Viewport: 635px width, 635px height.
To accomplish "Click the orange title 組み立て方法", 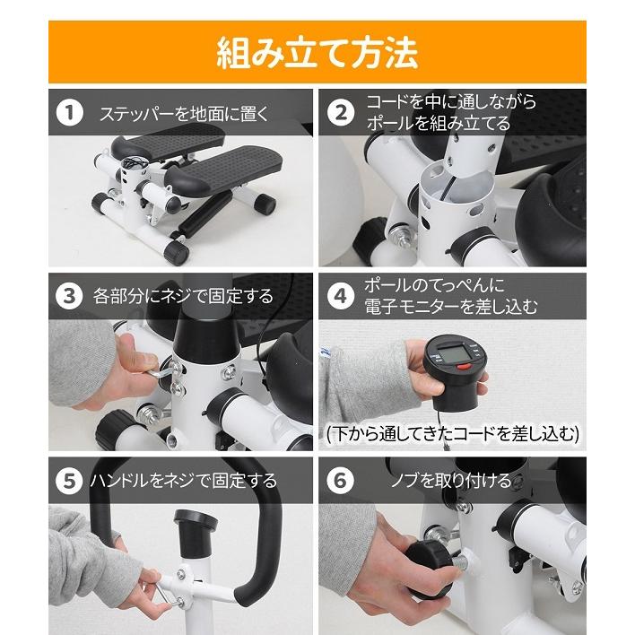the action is pyautogui.click(x=317, y=53).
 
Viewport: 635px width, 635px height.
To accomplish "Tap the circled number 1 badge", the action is pyautogui.click(x=70, y=113).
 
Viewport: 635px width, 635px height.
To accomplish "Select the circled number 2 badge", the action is pyautogui.click(x=341, y=113).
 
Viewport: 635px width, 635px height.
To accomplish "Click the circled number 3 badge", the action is pyautogui.click(x=70, y=297).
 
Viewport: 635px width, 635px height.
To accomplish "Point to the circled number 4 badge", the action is pyautogui.click(x=341, y=297).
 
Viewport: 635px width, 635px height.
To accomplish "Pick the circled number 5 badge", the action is pyautogui.click(x=70, y=481).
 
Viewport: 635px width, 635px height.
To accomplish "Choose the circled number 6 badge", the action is pyautogui.click(x=341, y=481).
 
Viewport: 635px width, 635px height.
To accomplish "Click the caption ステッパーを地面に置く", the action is pyautogui.click(x=184, y=114).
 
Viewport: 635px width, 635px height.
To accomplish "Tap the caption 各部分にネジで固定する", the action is pyautogui.click(x=183, y=297).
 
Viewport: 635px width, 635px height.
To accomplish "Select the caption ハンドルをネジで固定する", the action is pyautogui.click(x=184, y=481).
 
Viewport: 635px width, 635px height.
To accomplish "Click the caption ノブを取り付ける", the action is pyautogui.click(x=451, y=481).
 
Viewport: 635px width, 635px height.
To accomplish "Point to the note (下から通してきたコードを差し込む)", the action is pyautogui.click(x=453, y=434).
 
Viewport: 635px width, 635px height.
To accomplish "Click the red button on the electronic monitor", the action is pyautogui.click(x=464, y=368).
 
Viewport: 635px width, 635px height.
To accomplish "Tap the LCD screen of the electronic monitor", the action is pyautogui.click(x=452, y=353).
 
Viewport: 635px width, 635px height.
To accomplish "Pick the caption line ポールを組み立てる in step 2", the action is pyautogui.click(x=439, y=124).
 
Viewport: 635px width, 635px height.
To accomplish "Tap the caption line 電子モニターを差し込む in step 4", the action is pyautogui.click(x=451, y=307).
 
